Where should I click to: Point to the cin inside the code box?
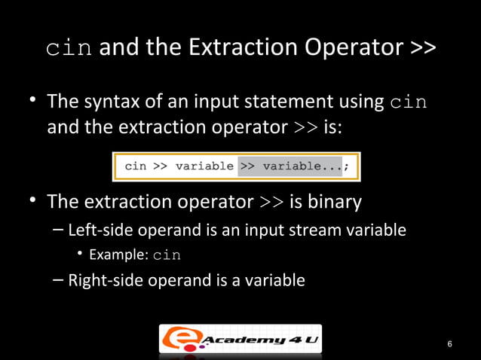pos(136,166)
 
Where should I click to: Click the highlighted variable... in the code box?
pos(302,166)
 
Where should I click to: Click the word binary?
pos(334,203)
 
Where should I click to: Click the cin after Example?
pos(167,255)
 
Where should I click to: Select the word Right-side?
pos(102,281)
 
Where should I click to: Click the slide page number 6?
pos(449,345)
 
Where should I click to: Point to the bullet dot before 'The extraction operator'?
pos(35,201)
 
